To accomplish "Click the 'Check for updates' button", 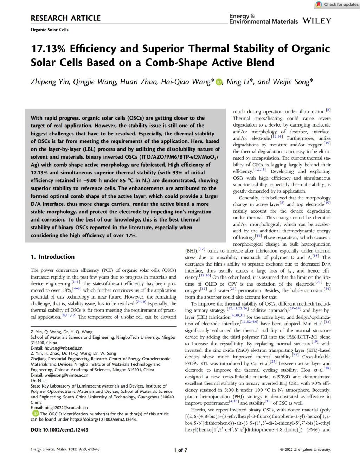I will click(x=337, y=4).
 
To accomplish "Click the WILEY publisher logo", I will click(x=316, y=21).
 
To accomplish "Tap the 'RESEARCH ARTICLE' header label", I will click(x=65, y=18).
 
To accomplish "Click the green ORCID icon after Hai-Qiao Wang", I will click(x=219, y=82).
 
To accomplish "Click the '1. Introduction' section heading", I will click(x=53, y=257).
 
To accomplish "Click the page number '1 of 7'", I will click(x=180, y=450).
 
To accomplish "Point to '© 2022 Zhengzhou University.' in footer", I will click(x=305, y=449).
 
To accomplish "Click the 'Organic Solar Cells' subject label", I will click(x=50, y=30).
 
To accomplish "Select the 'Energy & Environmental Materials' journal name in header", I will click(x=263, y=19).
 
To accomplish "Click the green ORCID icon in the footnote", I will click(x=35, y=414).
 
